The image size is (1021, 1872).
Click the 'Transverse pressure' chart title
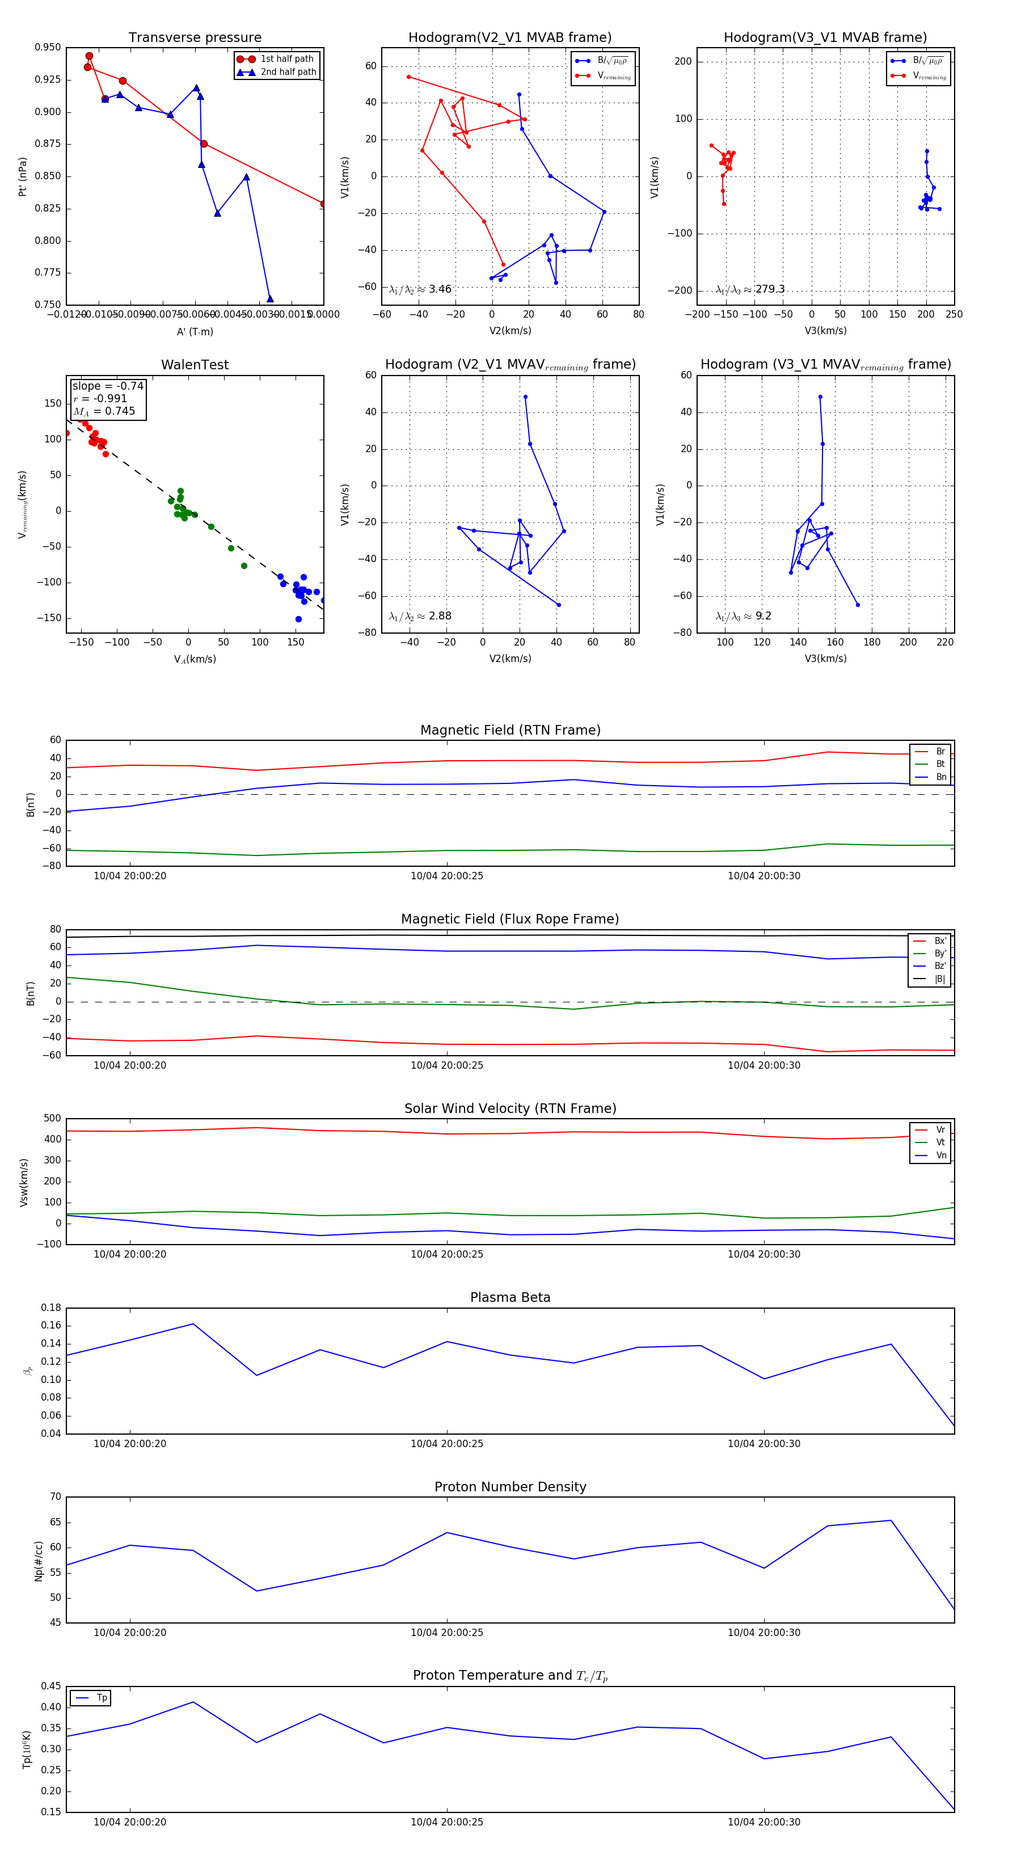point(195,38)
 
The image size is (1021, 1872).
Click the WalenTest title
point(195,365)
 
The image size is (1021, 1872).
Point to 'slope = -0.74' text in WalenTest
point(108,386)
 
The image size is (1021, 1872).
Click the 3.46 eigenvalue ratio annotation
point(420,289)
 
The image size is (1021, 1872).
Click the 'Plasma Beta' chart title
point(510,1297)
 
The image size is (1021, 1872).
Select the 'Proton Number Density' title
point(510,1487)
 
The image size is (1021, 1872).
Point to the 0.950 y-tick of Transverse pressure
point(48,47)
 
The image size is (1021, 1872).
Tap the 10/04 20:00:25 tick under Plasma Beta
point(447,1443)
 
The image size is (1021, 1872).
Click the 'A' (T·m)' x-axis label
point(195,332)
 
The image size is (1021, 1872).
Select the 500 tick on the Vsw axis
point(52,1119)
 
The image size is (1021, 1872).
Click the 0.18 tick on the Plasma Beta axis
point(51,1308)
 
